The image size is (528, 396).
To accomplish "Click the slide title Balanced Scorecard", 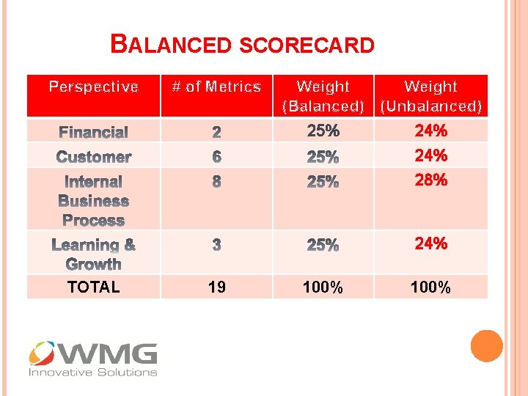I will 242,45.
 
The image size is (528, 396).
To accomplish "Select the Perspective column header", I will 93,87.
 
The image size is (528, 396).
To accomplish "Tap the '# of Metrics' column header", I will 216,87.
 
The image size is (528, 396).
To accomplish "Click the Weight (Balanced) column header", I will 323,96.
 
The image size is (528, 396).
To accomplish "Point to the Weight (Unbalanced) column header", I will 431,96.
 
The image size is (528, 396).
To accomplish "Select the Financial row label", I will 93,132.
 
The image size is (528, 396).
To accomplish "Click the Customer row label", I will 93,156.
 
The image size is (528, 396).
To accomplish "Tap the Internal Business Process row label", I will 93,200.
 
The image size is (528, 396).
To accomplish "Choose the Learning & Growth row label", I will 93,254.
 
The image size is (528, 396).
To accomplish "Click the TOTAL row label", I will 93,287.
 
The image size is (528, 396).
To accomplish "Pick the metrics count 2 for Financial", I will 216,133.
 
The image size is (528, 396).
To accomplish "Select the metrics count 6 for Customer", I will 216,157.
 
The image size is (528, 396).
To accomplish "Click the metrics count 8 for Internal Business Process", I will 216,181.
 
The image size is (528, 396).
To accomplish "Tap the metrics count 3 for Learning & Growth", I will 216,245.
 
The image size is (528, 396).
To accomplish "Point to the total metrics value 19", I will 216,287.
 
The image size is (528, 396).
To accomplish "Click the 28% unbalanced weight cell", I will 431,180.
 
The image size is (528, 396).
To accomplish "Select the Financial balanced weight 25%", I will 323,131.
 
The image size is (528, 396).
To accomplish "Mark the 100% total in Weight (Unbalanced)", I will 431,287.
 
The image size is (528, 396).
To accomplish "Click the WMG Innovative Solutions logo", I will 93,359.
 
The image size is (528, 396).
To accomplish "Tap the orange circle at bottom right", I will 486,346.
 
